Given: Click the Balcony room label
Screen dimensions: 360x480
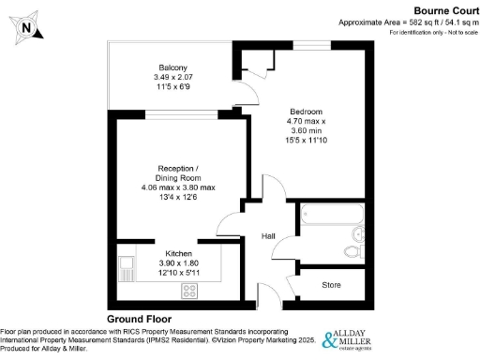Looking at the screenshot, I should (x=172, y=67).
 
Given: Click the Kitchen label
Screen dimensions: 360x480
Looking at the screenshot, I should (x=179, y=254).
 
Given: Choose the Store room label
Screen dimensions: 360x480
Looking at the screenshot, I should (x=330, y=284).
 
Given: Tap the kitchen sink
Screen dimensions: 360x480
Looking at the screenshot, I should (x=125, y=269).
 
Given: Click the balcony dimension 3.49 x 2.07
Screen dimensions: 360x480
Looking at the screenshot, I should (x=172, y=77).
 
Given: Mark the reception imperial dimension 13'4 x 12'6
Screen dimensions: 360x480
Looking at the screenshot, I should (x=178, y=198).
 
